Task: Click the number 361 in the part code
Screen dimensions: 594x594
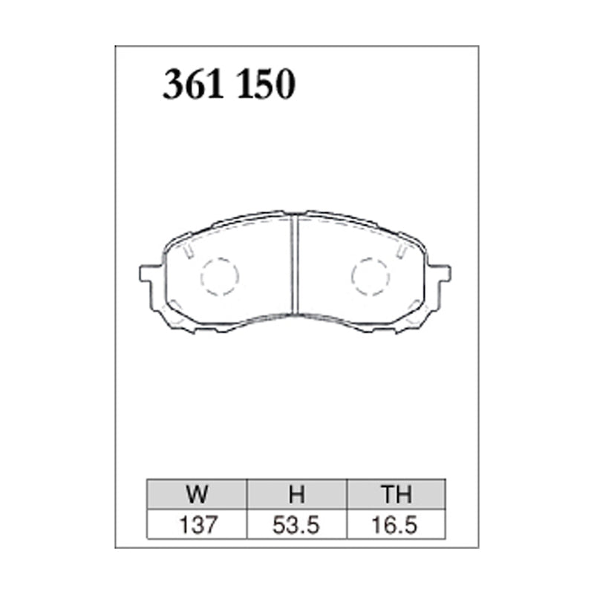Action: click(x=193, y=84)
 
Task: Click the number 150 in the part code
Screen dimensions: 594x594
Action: click(x=266, y=84)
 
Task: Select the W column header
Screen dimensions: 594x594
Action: click(x=197, y=495)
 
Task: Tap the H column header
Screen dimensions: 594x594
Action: click(x=296, y=495)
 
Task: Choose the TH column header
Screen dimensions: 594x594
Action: click(x=396, y=495)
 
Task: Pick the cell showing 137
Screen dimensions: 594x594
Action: click(x=197, y=524)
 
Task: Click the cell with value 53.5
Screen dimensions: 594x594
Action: click(x=296, y=524)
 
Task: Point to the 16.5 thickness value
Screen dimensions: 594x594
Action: click(x=396, y=524)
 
